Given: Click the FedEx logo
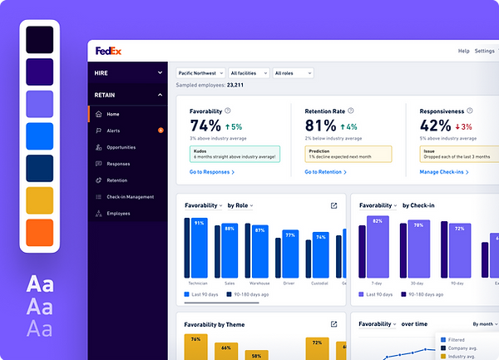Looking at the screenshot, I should [x=108, y=51].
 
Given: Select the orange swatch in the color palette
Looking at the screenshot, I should [x=39, y=232].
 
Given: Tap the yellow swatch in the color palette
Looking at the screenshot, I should [x=39, y=200].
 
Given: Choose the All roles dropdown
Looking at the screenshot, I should [x=292, y=73].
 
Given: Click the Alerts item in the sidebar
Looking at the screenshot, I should [x=114, y=131].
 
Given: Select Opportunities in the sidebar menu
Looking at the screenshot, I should [x=121, y=147].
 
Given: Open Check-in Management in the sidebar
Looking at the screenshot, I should [x=131, y=197].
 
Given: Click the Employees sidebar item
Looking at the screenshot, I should [x=119, y=214].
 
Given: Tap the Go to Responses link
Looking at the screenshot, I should [x=211, y=172].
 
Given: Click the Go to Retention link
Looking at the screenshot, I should [x=325, y=172].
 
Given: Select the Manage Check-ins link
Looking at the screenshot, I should [x=443, y=172].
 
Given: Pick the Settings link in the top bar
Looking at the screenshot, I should [x=484, y=51].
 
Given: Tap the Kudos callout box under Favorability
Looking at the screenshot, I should [x=235, y=153].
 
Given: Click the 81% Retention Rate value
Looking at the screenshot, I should [x=320, y=126].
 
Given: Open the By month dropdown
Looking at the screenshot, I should [x=486, y=323].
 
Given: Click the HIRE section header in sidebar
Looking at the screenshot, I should [x=129, y=73].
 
